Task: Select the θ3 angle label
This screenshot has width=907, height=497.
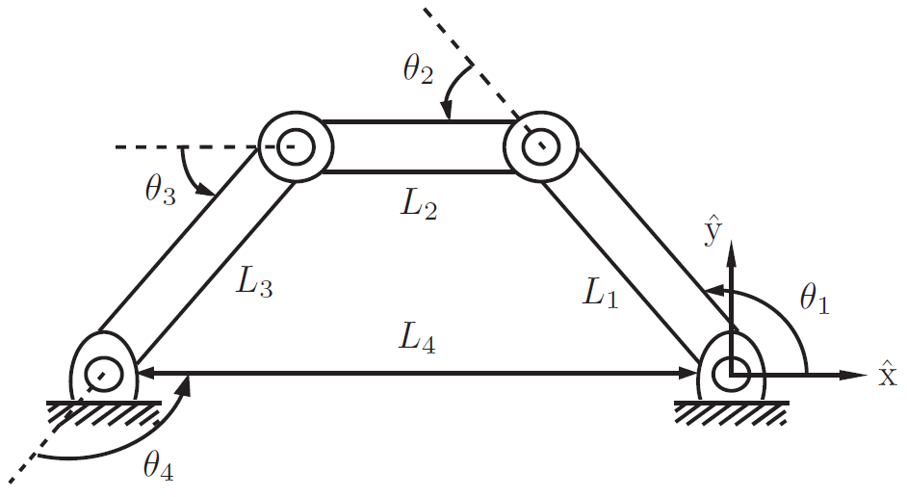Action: [x=161, y=190]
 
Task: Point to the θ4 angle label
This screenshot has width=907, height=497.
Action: [x=158, y=467]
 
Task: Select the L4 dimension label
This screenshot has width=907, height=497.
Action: [x=421, y=339]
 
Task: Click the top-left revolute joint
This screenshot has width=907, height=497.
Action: [x=296, y=147]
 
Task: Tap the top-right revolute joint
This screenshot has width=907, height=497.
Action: [x=540, y=147]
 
